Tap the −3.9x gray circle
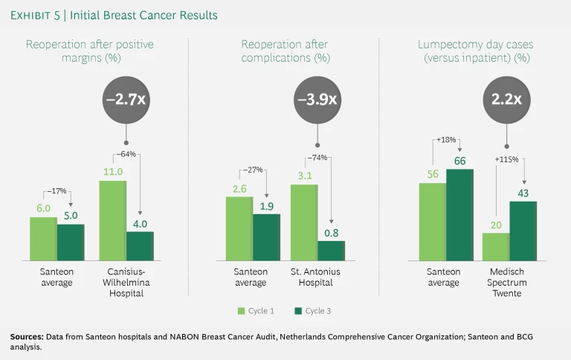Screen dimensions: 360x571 (x=317, y=100)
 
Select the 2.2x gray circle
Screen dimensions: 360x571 (x=506, y=100)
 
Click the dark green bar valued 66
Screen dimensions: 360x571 (x=459, y=214)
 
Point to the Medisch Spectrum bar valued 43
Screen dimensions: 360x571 (x=523, y=231)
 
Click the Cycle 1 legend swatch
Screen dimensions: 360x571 (x=241, y=311)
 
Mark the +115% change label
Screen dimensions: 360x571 (x=507, y=159)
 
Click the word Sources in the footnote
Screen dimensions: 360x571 (x=26, y=337)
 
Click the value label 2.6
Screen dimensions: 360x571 (x=239, y=189)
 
